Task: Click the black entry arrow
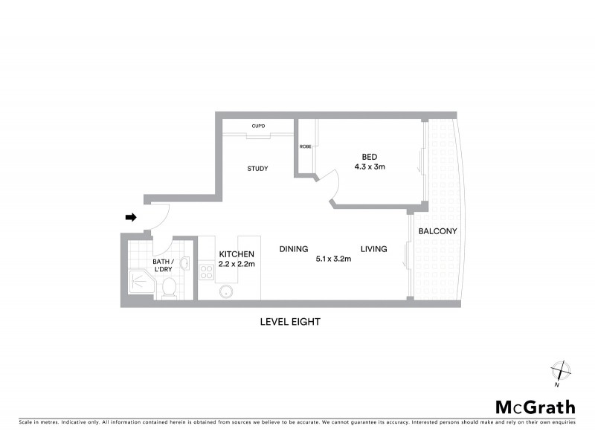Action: (131, 217)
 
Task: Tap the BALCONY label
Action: (437, 231)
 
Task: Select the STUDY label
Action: (257, 169)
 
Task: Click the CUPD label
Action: (259, 126)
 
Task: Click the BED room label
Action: (369, 156)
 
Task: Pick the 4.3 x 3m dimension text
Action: (369, 167)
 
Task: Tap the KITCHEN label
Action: (237, 253)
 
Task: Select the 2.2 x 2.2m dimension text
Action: (237, 264)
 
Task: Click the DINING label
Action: (294, 249)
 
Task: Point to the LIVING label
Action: (374, 249)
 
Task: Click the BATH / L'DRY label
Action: (163, 265)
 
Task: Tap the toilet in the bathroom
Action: (169, 287)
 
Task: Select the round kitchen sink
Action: (225, 292)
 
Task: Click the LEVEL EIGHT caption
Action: (289, 322)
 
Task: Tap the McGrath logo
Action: (535, 407)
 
